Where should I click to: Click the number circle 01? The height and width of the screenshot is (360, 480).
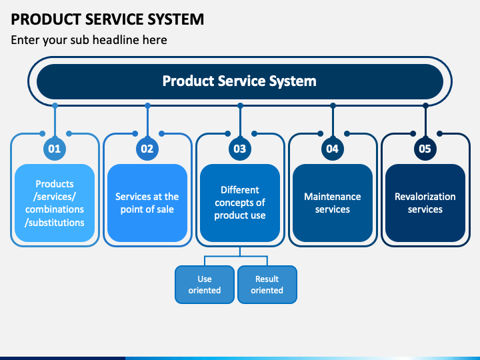pyautogui.click(x=55, y=149)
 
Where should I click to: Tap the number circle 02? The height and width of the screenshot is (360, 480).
pyautogui.click(x=147, y=149)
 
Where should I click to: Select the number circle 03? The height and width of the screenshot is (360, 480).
pyautogui.click(x=240, y=149)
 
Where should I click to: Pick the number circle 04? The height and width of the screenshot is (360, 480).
pyautogui.click(x=333, y=149)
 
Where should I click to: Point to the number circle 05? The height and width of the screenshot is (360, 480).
pyautogui.click(x=425, y=149)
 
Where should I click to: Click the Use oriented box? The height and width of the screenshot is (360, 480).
pyautogui.click(x=205, y=285)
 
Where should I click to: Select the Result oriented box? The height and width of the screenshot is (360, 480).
pyautogui.click(x=267, y=285)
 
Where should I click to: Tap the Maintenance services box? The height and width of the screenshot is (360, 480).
pyautogui.click(x=333, y=203)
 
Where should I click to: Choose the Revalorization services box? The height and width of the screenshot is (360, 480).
pyautogui.click(x=425, y=203)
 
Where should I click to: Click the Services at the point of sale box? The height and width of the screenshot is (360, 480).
pyautogui.click(x=147, y=203)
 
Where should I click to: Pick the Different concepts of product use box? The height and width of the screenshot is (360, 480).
pyautogui.click(x=240, y=203)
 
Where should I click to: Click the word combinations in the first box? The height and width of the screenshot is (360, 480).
pyautogui.click(x=55, y=209)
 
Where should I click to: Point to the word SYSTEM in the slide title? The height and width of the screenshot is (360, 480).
pyautogui.click(x=176, y=19)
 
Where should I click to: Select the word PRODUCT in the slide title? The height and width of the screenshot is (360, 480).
pyautogui.click(x=46, y=19)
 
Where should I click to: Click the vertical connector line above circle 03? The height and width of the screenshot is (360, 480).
pyautogui.click(x=240, y=121)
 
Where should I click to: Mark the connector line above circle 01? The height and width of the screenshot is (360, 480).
pyautogui.click(x=55, y=121)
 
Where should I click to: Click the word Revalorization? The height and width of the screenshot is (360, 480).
pyautogui.click(x=425, y=197)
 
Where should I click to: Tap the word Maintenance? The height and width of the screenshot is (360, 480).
pyautogui.click(x=333, y=197)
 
